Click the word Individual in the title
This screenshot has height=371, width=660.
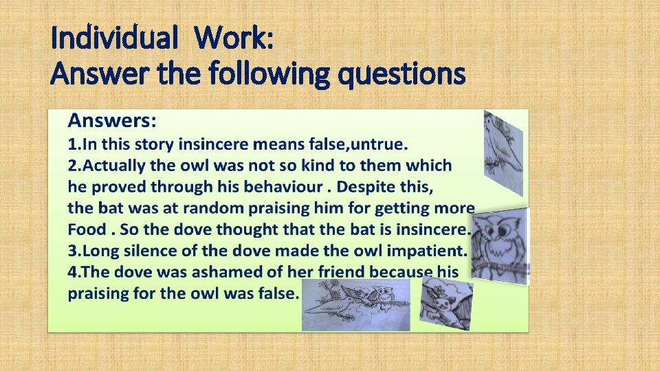(114, 39)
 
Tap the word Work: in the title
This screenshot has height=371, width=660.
(234, 39)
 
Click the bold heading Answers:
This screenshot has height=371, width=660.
(112, 122)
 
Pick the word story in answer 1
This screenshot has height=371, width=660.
(153, 144)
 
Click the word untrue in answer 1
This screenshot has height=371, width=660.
(377, 144)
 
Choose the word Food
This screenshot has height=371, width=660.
(87, 229)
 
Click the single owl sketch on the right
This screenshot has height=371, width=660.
(499, 245)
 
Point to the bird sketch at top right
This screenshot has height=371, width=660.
(503, 152)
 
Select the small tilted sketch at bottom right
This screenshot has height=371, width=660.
(447, 303)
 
